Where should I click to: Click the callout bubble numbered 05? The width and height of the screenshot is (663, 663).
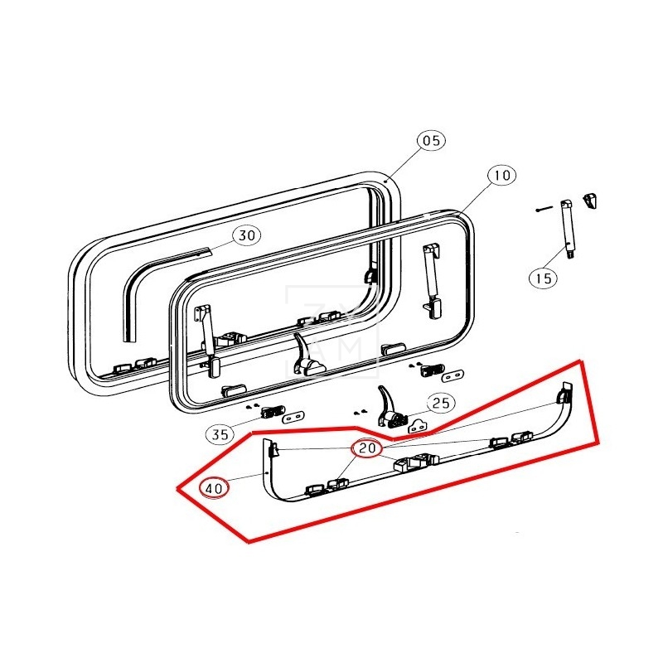[x=431, y=141]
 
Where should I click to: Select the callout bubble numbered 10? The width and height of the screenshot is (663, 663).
[x=501, y=176]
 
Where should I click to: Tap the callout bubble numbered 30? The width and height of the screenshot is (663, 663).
[x=245, y=235]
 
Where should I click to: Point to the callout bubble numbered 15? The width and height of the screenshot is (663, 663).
[x=543, y=278]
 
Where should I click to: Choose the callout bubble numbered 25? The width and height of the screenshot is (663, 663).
[x=441, y=404]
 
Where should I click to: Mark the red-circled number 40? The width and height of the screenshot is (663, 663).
[x=214, y=488]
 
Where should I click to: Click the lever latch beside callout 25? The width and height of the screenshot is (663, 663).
[x=388, y=406]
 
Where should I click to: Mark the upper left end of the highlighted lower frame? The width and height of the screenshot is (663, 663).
[x=270, y=450]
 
